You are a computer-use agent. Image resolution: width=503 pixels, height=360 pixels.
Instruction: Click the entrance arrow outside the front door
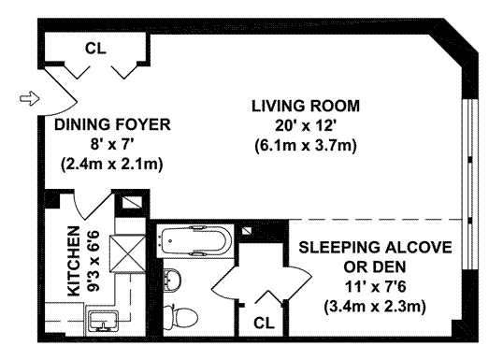30,98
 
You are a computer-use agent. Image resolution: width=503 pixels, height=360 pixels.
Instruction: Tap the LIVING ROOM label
306,107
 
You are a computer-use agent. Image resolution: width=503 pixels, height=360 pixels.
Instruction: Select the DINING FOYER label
112,124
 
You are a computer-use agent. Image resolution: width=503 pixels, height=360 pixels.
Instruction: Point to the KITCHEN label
74,261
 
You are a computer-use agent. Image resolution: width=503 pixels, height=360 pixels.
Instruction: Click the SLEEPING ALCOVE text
375,248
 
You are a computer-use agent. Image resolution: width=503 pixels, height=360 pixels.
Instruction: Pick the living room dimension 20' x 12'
305,126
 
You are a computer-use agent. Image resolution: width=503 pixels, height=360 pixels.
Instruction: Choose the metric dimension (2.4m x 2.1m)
112,165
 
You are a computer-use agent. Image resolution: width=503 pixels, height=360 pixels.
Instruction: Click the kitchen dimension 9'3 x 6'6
94,261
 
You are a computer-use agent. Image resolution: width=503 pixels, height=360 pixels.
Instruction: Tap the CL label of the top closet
95,49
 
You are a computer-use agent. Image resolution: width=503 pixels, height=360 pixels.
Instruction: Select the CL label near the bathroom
264,324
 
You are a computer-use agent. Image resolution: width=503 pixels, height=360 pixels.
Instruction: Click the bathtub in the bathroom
195,240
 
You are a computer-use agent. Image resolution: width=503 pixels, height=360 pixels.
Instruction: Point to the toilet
180,317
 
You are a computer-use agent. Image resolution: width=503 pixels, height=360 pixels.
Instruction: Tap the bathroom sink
172,281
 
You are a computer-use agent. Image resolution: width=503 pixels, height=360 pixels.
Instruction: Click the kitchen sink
103,320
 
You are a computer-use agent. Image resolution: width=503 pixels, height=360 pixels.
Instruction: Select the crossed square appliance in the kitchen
128,253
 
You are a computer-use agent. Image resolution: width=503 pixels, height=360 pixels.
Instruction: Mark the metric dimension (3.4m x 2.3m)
375,307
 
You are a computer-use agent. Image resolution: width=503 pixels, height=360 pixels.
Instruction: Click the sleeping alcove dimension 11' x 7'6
375,286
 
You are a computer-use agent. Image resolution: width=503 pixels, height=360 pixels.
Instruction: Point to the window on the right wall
470,184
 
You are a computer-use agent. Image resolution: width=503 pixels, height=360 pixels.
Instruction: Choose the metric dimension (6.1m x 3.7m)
306,146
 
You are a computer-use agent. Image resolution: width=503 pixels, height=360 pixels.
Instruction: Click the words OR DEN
375,266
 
